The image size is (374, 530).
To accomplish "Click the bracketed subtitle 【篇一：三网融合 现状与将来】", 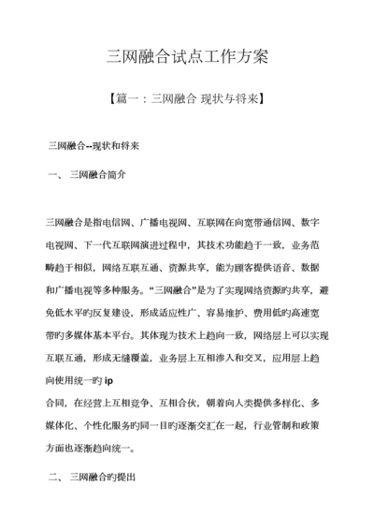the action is (187, 98).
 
